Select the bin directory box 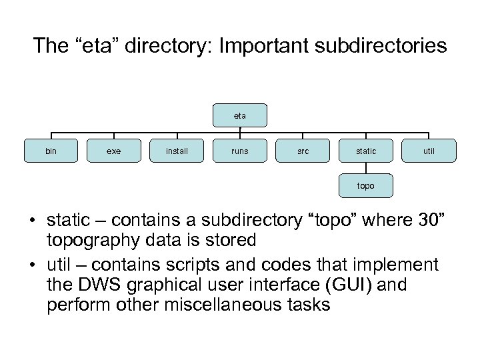51,151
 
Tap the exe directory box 114,151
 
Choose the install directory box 177,151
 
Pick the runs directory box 240,151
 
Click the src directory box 303,151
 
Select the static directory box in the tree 366,151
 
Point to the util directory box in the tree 429,151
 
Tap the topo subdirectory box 366,186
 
